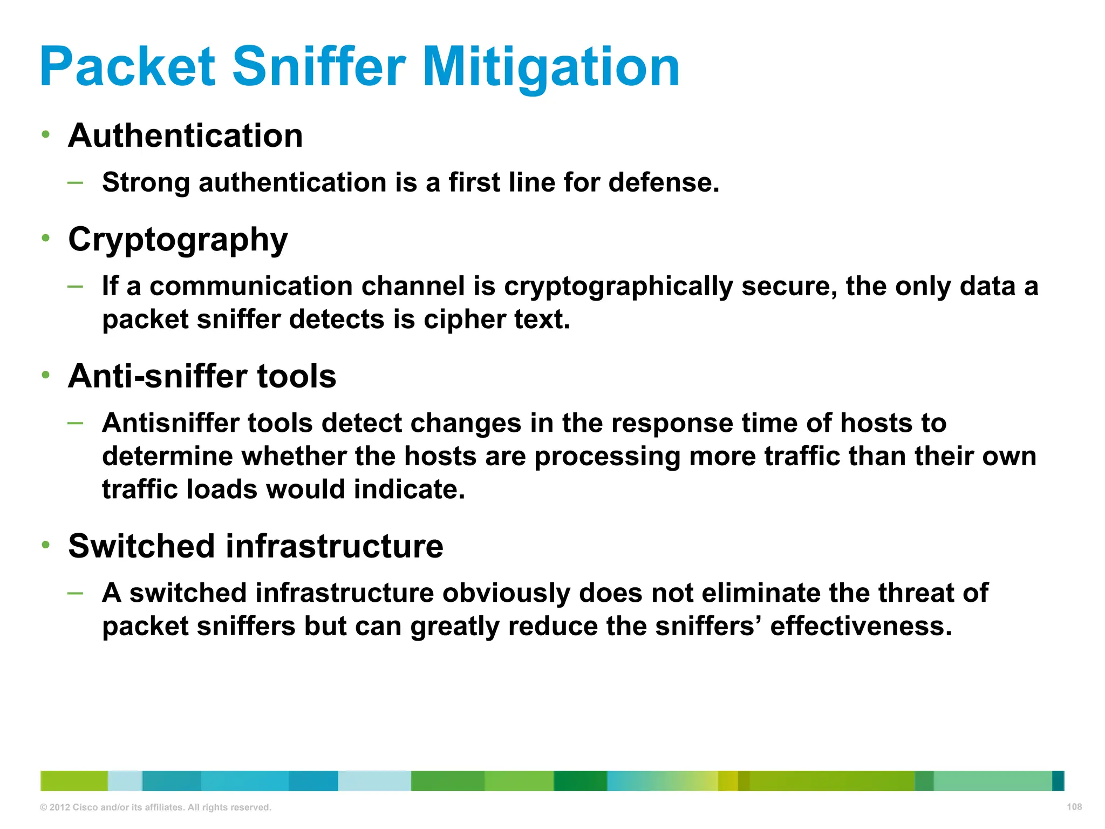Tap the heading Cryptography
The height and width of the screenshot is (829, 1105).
coord(178,240)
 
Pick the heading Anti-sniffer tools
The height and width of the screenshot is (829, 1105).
coord(202,376)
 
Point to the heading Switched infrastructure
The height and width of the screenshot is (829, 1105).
coord(255,546)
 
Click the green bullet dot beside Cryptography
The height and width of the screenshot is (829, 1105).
coord(46,237)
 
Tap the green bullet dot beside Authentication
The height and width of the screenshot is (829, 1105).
coord(46,134)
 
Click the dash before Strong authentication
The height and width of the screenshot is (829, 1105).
coord(76,182)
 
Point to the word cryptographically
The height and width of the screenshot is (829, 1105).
coord(618,287)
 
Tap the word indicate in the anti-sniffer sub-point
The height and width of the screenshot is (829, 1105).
coord(409,490)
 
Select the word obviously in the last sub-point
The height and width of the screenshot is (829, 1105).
coord(506,593)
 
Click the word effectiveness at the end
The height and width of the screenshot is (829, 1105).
coord(861,626)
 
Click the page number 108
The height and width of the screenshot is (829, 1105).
coord(1074,807)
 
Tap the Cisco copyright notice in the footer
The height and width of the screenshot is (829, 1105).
coord(155,807)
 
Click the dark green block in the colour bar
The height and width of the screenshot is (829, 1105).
coord(580,781)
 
